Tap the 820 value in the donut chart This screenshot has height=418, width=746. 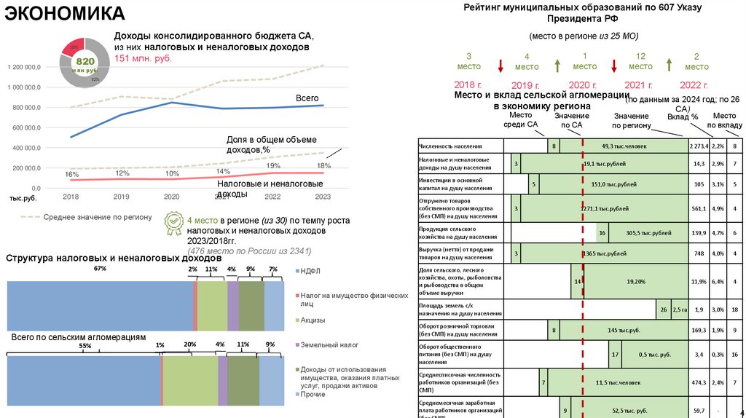[86, 62]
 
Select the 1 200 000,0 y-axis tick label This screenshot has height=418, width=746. [25, 67]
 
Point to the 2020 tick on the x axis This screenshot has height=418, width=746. [171, 197]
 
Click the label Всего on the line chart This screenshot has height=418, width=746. [307, 98]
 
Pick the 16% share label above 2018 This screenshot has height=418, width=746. [71, 175]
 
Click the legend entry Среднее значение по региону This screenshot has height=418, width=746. [97, 216]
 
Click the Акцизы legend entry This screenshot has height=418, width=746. [314, 320]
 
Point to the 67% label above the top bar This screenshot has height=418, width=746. [100, 269]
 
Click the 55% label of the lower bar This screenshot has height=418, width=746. [85, 347]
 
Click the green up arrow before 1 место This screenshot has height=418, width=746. [557, 66]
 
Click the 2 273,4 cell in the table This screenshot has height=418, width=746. [698, 146]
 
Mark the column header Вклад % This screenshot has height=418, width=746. [682, 117]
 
